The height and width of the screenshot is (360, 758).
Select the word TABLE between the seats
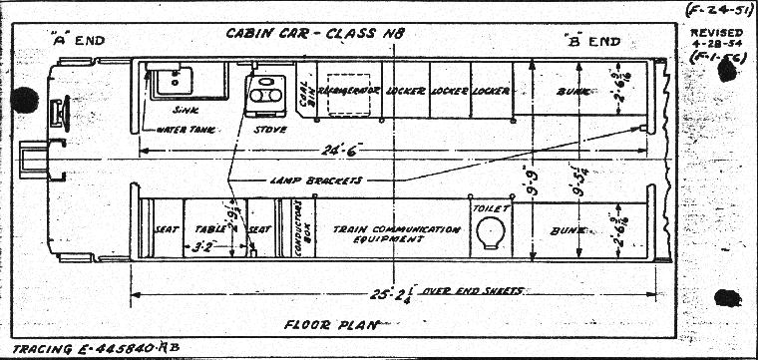(x=206, y=226)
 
